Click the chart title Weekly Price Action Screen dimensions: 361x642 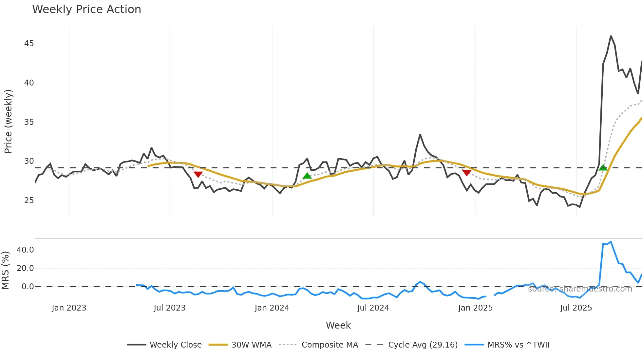86,9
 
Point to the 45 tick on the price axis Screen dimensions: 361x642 29,44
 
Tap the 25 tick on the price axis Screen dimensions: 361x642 29,200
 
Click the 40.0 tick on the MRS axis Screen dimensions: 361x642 25,250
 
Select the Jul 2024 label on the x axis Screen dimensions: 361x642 373,308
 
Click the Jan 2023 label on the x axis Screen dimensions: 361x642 69,308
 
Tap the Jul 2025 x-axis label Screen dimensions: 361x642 576,308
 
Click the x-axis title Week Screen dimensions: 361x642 338,325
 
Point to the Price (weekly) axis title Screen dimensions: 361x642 8,121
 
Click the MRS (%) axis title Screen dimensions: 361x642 5,270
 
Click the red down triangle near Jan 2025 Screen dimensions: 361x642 467,173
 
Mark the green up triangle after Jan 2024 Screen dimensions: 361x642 307,176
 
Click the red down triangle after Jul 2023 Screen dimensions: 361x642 198,174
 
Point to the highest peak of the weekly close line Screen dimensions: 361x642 611,36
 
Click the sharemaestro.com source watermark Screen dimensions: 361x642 580,289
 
